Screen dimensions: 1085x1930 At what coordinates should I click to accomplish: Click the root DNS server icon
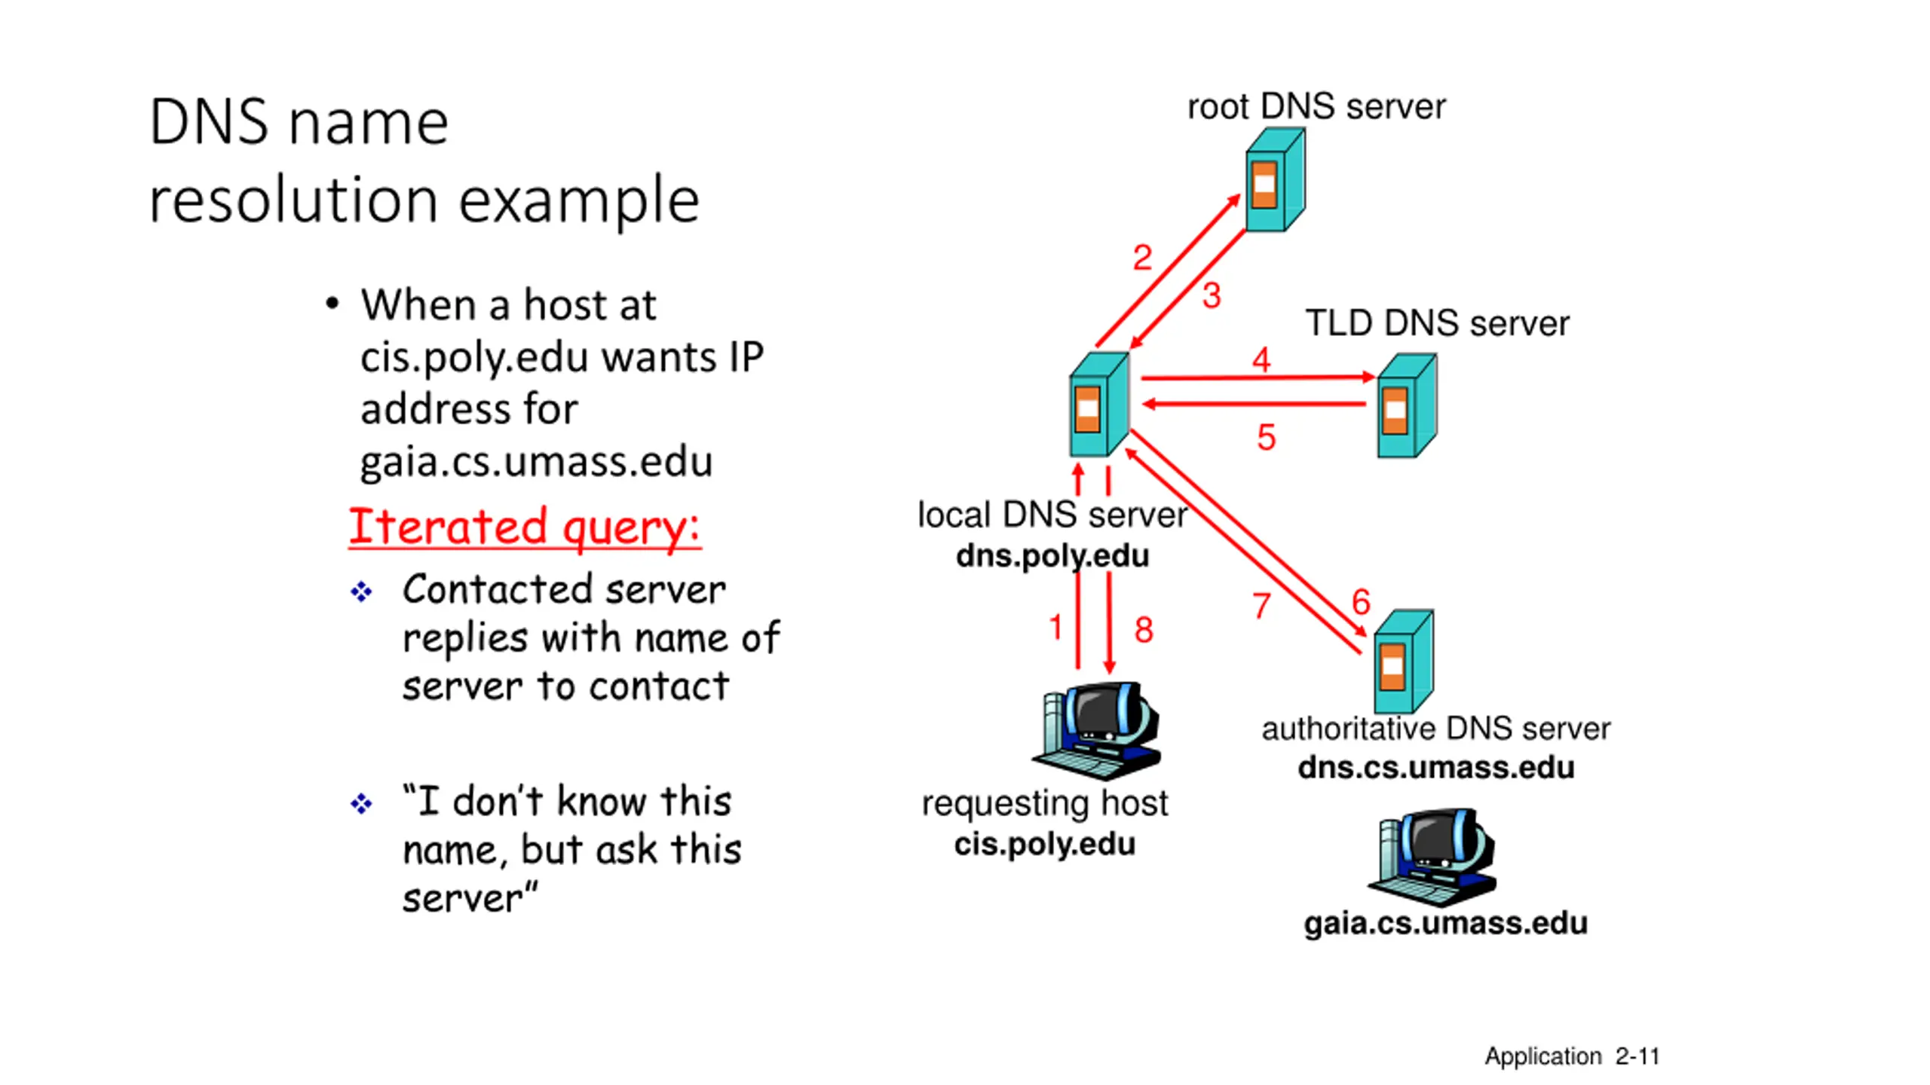coord(1274,181)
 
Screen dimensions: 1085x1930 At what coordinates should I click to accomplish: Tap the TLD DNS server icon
coord(1406,407)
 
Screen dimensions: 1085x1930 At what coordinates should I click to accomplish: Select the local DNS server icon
coord(1098,405)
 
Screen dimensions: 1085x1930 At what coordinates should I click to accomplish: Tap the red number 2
coord(1142,258)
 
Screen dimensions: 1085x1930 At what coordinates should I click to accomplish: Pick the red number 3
coord(1212,295)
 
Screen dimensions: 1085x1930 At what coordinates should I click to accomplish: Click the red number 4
coord(1261,359)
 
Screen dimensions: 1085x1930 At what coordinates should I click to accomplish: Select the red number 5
coord(1267,438)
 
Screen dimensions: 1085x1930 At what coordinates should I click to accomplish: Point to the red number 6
coord(1361,602)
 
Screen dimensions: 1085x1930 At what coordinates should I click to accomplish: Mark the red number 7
coord(1261,606)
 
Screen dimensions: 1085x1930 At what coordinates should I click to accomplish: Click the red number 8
coord(1144,630)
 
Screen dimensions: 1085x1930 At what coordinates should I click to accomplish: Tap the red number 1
coord(1055,627)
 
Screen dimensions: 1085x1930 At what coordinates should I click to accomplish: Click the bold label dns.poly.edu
coord(1052,556)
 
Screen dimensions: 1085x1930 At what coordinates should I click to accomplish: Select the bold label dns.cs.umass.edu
coord(1435,768)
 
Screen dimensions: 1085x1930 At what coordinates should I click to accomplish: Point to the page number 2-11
coord(1637,1056)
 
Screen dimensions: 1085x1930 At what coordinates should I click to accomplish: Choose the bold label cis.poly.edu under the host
coord(1044,844)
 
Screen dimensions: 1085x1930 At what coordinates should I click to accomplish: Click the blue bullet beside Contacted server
coord(361,591)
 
